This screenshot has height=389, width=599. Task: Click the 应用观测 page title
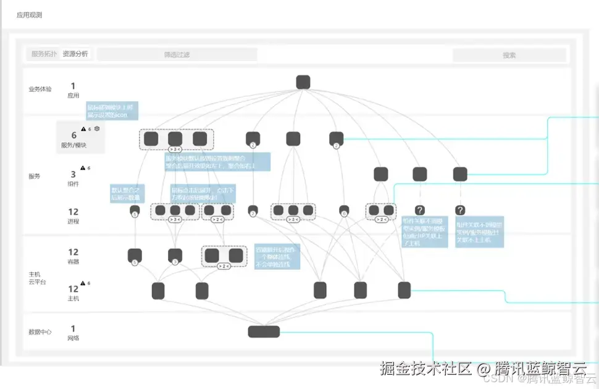(30, 15)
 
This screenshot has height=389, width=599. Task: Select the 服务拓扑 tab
(44, 54)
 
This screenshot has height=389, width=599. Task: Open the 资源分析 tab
(75, 54)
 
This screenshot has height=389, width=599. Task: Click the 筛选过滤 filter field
(177, 55)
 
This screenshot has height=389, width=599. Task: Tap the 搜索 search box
(509, 56)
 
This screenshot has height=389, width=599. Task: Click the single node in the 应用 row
(303, 82)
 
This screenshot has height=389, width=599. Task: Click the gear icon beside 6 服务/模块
(97, 129)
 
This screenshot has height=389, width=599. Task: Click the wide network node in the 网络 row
(264, 332)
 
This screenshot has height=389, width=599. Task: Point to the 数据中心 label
(40, 332)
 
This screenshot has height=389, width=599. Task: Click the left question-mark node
(420, 211)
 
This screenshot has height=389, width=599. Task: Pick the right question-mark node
(460, 211)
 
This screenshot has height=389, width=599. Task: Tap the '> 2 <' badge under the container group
(224, 266)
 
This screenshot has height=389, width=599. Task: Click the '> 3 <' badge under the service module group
(175, 149)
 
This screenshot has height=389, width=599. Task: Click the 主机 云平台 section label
(37, 277)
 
